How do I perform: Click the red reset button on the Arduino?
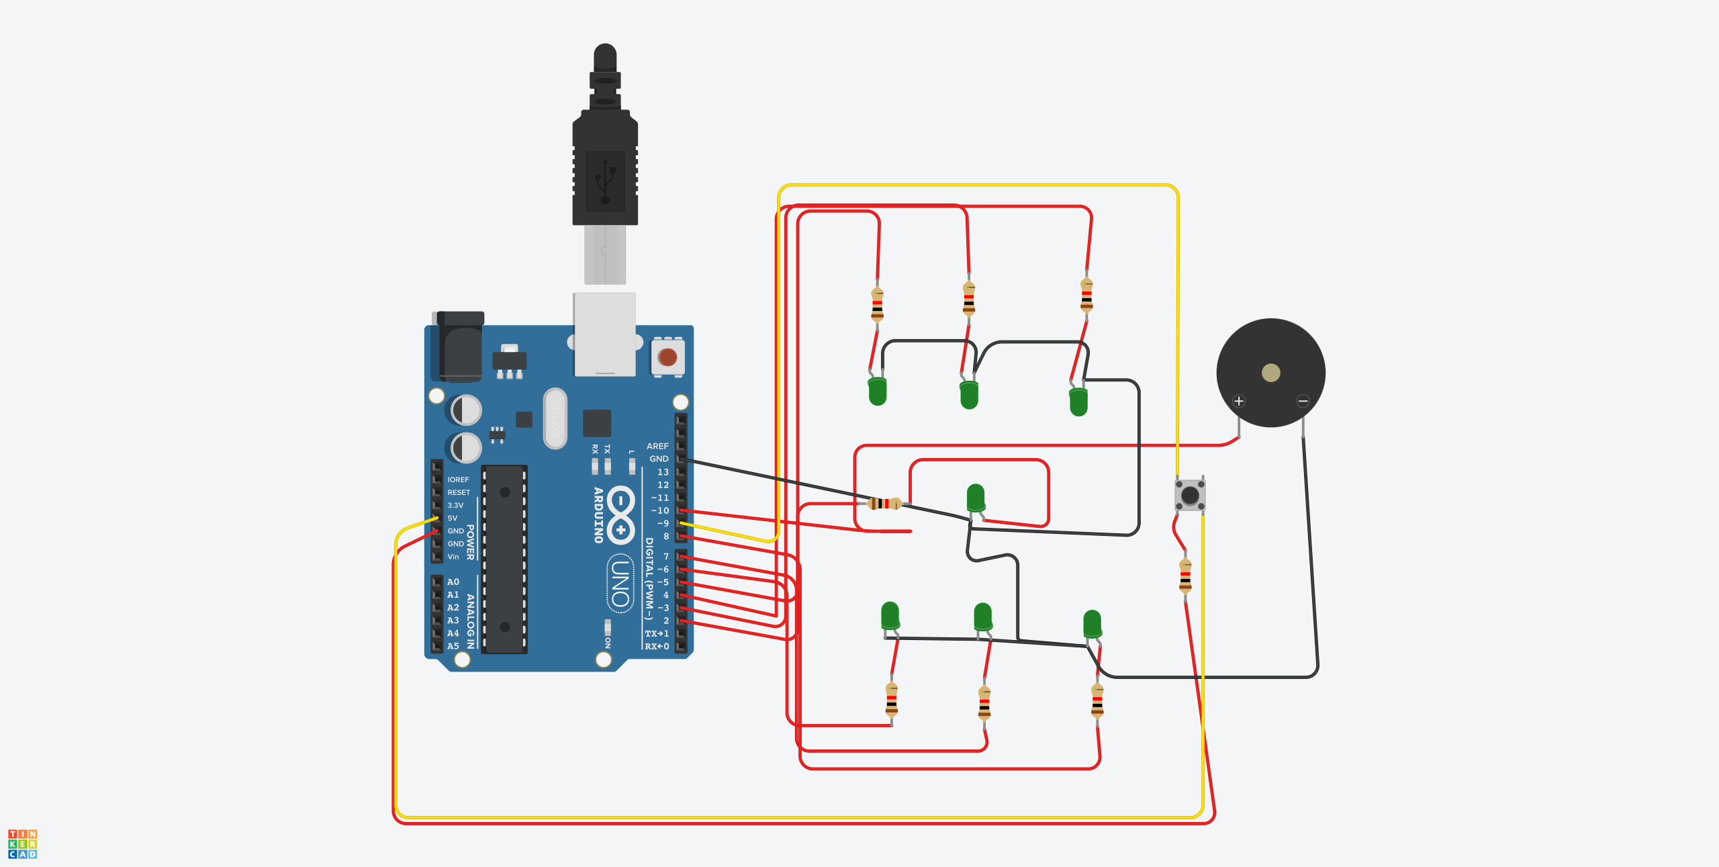667,357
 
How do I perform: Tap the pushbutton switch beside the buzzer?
1190,496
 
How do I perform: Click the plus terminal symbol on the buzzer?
1239,402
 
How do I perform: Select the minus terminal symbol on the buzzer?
1303,402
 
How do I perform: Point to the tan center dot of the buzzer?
1270,373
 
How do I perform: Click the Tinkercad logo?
23,843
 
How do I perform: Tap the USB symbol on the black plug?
605,181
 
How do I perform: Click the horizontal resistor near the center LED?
884,503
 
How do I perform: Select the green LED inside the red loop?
976,498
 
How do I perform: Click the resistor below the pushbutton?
1185,576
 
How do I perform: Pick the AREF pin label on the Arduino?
657,447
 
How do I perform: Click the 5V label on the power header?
453,518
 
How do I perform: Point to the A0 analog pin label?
453,582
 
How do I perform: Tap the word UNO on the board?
620,584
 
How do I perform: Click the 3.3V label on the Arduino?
455,506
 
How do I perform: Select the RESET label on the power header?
459,493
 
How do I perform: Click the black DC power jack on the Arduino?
460,346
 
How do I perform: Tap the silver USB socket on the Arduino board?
604,334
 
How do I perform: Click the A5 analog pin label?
453,647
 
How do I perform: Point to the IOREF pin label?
458,480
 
